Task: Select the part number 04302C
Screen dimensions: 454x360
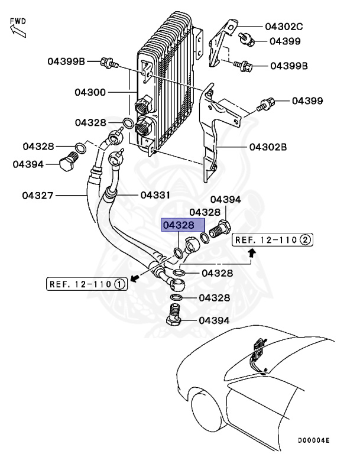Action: [x=283, y=27]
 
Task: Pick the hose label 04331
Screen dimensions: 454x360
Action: [x=155, y=194]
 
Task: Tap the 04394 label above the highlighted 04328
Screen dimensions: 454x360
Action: [x=226, y=200]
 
